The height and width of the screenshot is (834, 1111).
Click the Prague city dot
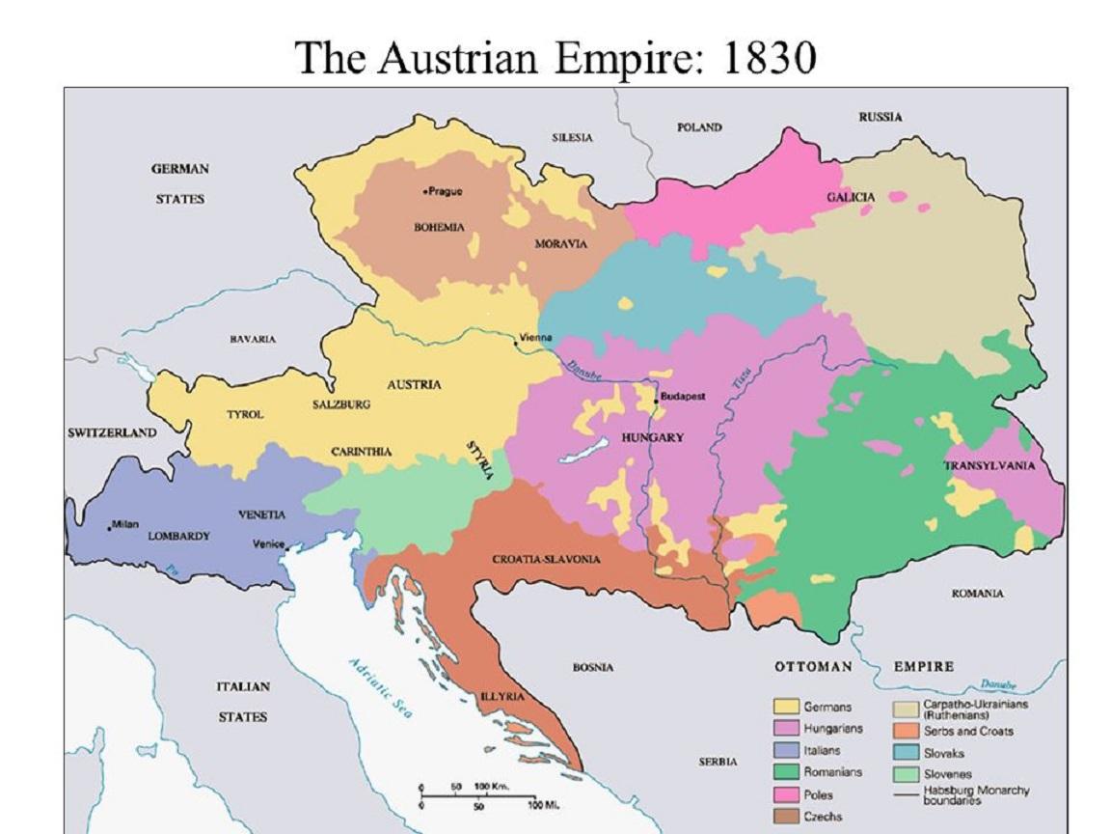425,191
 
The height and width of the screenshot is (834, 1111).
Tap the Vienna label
534,338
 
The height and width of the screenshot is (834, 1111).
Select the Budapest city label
683,397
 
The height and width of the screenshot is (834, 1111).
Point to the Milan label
125,524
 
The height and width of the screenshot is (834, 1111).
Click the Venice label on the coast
267,543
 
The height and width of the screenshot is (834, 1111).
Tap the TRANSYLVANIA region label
989,465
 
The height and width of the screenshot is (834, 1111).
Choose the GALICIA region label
851,197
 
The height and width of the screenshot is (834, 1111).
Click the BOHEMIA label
439,227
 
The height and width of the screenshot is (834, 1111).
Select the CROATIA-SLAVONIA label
546,559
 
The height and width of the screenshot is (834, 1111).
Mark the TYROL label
245,414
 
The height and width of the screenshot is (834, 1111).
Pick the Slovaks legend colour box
906,753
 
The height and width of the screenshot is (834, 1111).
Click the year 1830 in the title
768,58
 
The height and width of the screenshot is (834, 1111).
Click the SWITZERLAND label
112,432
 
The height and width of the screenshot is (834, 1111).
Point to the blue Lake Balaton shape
589,448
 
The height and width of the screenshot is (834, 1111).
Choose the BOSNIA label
593,667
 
